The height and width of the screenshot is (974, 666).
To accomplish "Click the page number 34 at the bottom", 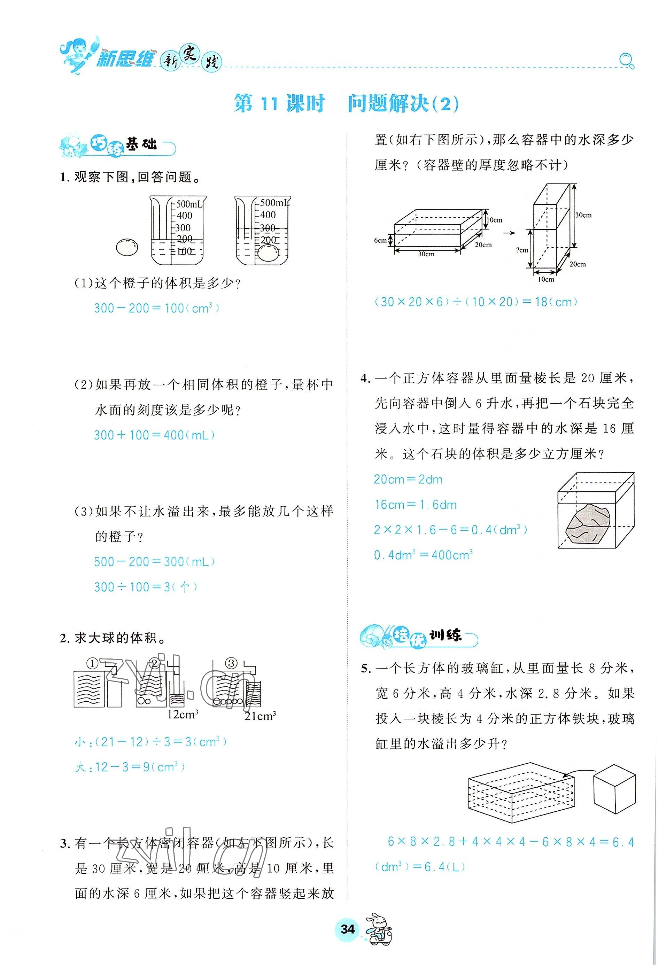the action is pos(348,941).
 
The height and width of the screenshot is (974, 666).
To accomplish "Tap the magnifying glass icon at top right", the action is pos(626,61).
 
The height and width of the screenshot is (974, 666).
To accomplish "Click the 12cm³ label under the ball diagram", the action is pos(182,715).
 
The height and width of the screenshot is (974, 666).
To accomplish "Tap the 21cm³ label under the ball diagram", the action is pos(260,716).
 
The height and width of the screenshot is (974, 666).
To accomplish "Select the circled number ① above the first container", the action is pos(92,663).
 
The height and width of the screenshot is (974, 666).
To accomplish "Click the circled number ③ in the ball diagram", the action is pos(231,663).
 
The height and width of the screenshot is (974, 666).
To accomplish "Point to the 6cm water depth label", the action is pos(380,241).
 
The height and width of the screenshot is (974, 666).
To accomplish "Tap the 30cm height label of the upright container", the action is pos(583,215).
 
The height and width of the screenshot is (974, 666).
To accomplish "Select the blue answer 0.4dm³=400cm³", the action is pos(423,555).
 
